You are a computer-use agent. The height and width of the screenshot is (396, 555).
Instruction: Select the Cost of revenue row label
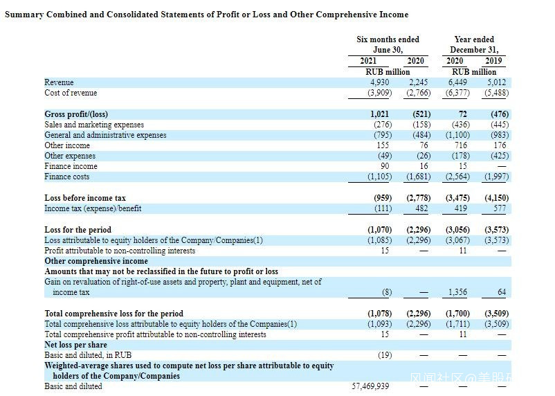point(71,93)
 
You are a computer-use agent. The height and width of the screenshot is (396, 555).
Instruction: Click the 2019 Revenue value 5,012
point(495,82)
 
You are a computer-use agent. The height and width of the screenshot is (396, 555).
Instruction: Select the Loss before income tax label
point(85,198)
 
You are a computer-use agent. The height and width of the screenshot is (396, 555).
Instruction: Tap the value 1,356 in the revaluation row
point(457,292)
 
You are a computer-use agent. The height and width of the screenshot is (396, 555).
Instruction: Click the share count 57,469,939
point(370,386)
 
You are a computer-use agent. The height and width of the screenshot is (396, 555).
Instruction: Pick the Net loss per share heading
point(75,345)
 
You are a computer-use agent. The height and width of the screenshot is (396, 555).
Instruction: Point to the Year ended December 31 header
point(474,44)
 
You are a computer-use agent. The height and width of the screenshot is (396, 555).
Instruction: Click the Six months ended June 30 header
point(388,44)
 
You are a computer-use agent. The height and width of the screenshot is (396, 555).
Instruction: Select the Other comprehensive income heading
point(96,261)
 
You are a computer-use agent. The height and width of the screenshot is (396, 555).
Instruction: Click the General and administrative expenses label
point(105,135)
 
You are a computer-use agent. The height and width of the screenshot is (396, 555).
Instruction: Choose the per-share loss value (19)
point(385,355)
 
